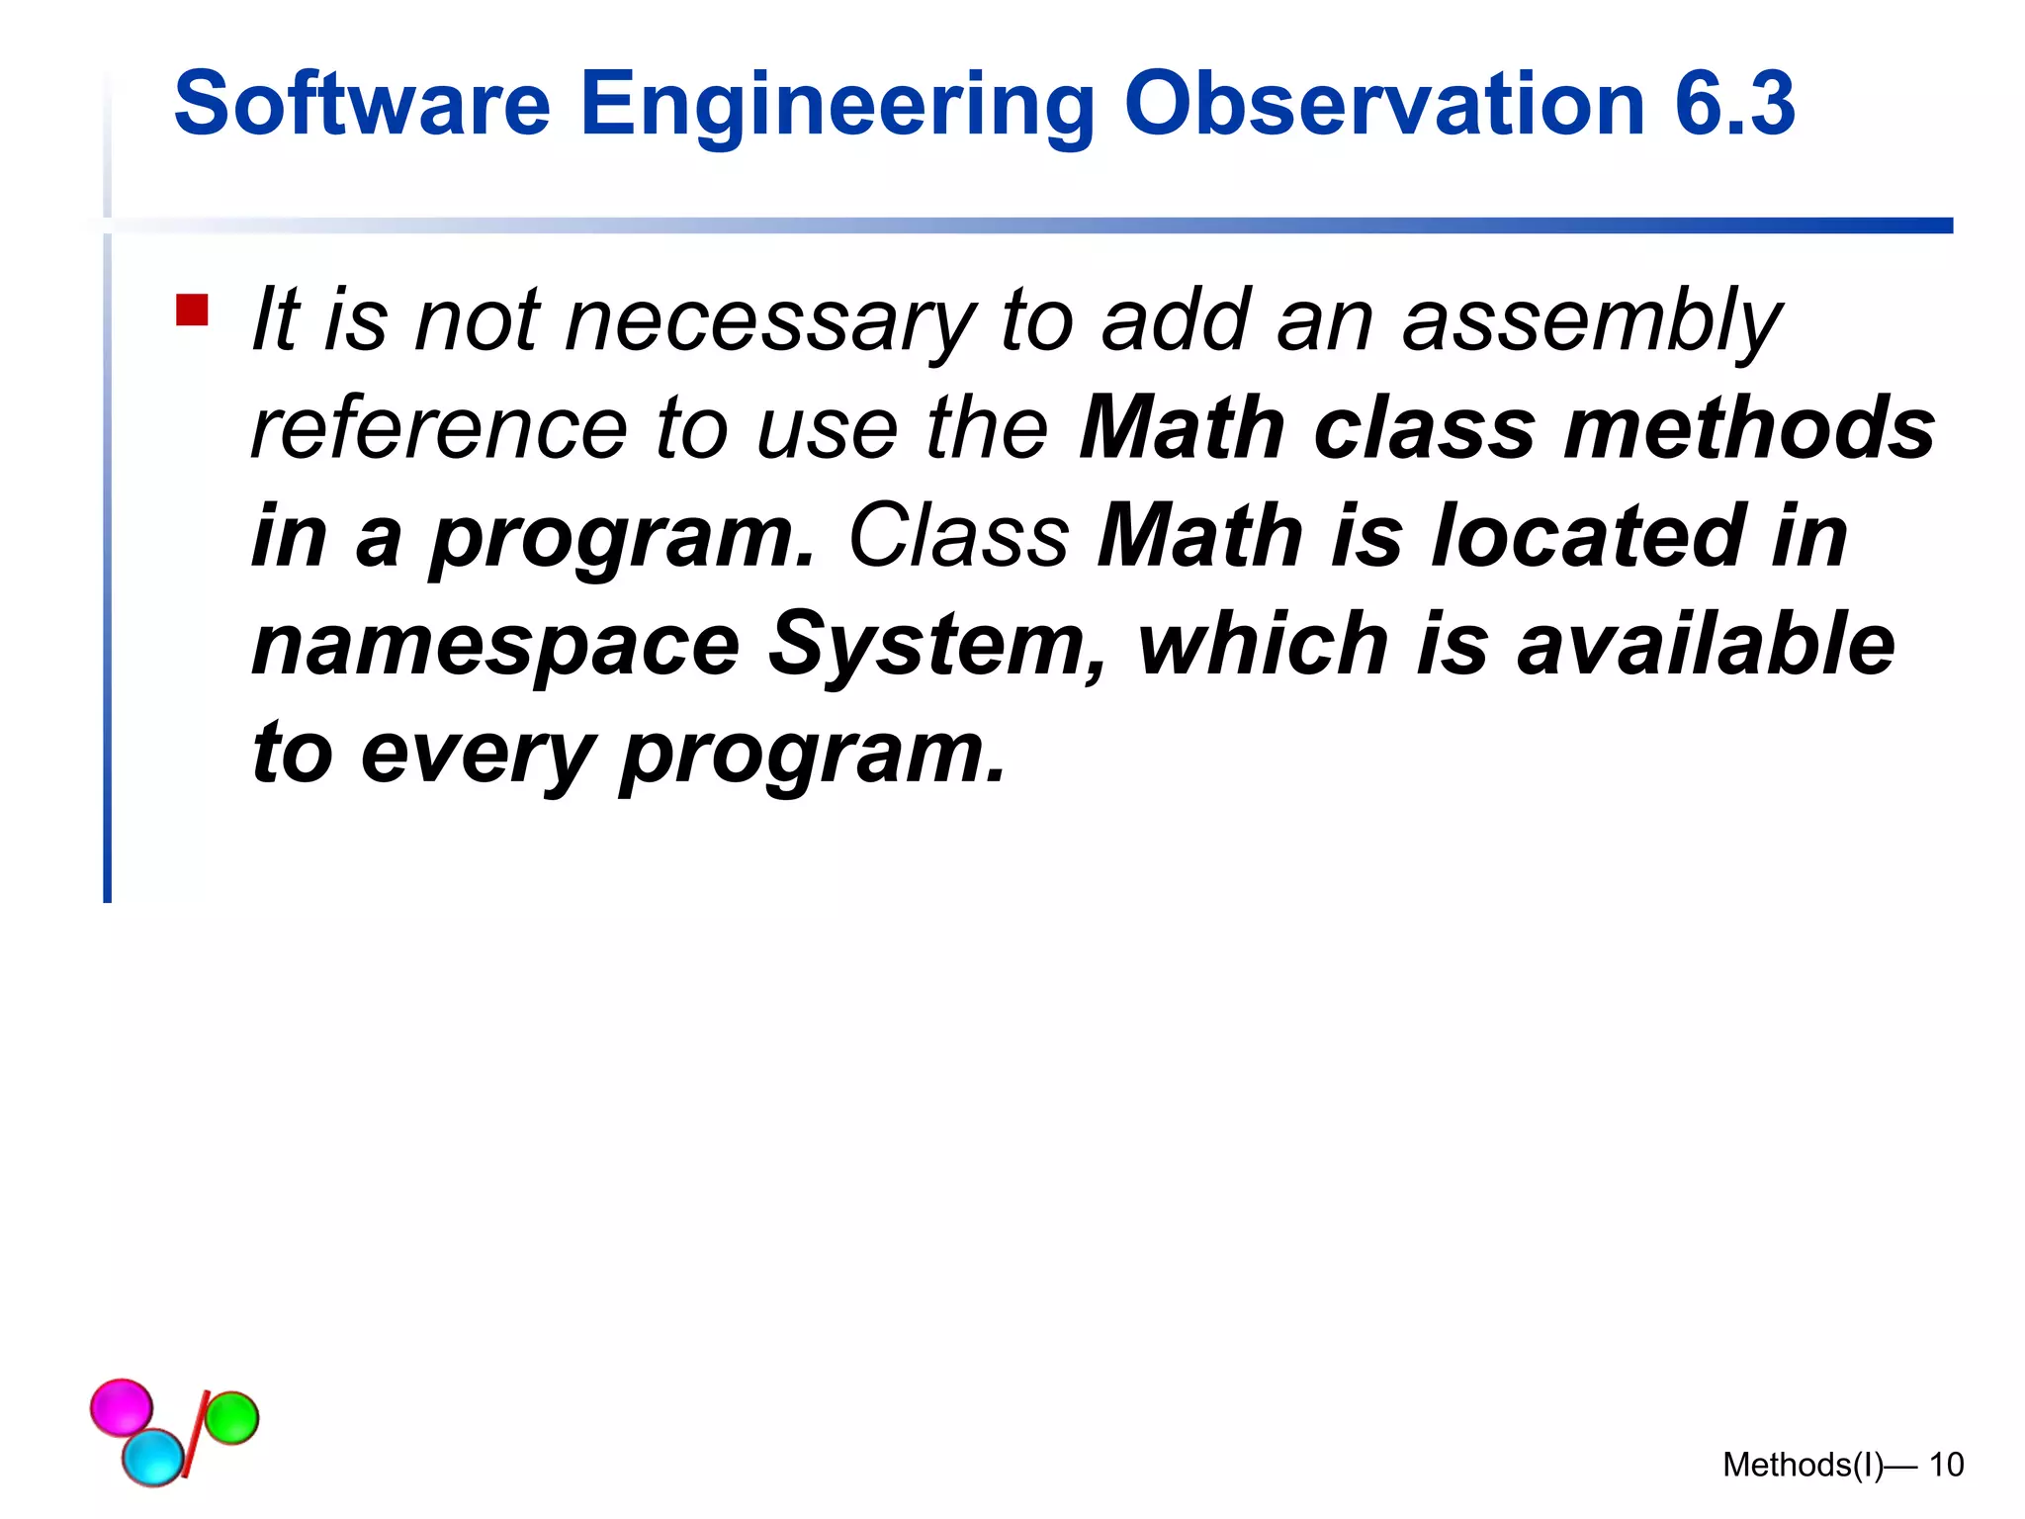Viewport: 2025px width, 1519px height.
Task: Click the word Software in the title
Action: (361, 104)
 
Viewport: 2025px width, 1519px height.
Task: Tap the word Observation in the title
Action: (1384, 104)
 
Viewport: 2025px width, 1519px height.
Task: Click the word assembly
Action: (1592, 322)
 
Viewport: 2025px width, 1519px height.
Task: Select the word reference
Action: (439, 429)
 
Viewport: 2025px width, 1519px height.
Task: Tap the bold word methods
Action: (1749, 429)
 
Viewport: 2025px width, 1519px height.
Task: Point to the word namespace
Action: (495, 647)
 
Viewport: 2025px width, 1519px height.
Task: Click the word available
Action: (1706, 645)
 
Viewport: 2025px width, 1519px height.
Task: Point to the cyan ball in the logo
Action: (153, 1457)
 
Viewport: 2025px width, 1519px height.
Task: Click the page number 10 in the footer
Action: (1946, 1465)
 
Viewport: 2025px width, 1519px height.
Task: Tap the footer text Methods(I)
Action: (1803, 1465)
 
